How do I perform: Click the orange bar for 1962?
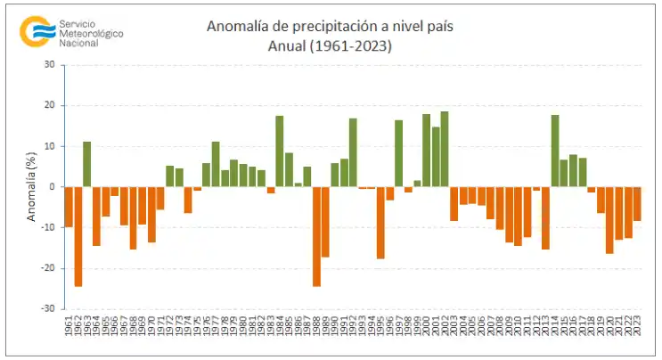point(78,236)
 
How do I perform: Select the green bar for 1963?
point(87,164)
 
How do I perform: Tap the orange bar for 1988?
point(316,236)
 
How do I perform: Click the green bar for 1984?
point(280,151)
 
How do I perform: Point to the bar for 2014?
point(555,151)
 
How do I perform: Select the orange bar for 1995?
point(380,223)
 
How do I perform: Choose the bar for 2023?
point(637,204)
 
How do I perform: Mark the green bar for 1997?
point(399,153)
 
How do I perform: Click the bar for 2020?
point(609,220)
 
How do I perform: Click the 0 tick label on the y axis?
point(52,187)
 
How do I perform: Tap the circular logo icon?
point(36,30)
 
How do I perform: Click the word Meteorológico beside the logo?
point(90,33)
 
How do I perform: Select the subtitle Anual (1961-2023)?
point(329,45)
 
